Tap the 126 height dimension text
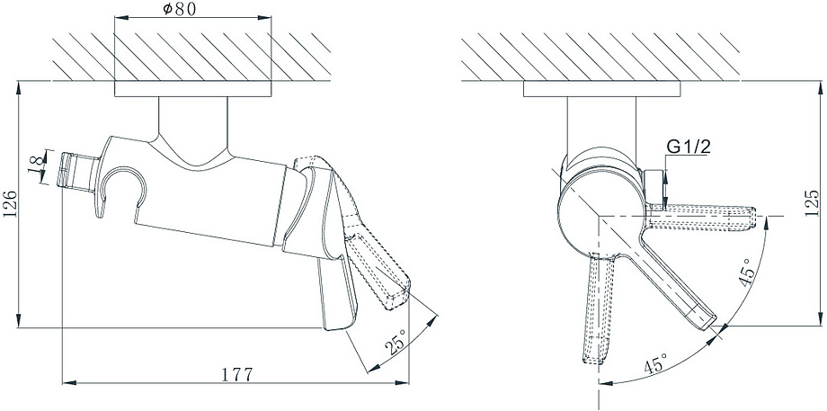point(10,205)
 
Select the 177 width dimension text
point(236,373)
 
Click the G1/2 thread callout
point(689,148)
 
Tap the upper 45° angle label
point(749,273)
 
